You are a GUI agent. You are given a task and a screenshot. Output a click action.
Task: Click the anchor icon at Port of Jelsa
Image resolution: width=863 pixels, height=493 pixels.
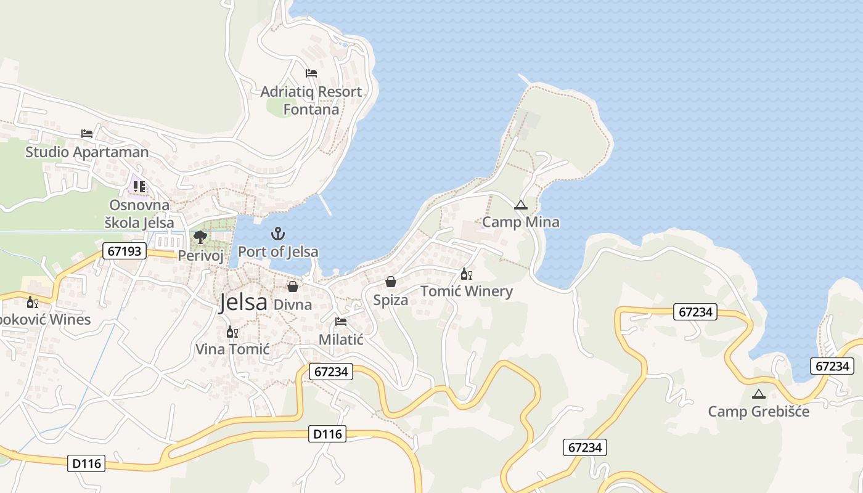(x=278, y=234)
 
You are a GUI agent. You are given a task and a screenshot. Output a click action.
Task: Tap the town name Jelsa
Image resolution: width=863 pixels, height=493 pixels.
(x=243, y=303)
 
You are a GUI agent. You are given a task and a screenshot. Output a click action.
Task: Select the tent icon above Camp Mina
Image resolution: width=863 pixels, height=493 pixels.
(x=521, y=205)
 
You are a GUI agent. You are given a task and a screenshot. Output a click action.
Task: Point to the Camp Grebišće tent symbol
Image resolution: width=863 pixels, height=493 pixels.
(x=758, y=394)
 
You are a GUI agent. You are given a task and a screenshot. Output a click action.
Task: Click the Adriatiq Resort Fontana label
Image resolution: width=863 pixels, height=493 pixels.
(x=311, y=100)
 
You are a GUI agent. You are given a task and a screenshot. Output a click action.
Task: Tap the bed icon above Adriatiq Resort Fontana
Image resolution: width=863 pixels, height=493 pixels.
(x=311, y=73)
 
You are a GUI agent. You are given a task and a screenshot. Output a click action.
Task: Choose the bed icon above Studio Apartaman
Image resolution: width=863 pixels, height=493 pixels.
(x=87, y=134)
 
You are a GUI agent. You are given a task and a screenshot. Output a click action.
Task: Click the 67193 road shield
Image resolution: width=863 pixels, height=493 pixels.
(x=125, y=251)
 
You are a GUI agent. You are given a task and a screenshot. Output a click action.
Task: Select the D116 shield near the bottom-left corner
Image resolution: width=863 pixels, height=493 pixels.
(x=86, y=463)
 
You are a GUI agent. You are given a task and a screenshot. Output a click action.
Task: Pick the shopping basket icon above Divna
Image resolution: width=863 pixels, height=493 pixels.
(x=293, y=287)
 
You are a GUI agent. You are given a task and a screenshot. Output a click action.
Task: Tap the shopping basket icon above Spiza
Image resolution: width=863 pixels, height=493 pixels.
(x=391, y=282)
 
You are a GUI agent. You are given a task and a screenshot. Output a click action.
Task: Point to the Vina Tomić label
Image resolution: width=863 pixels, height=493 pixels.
(x=232, y=349)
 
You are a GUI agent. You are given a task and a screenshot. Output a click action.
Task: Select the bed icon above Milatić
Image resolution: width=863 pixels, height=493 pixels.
(x=340, y=322)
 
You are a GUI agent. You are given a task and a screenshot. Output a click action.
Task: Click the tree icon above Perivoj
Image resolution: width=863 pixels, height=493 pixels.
(x=200, y=237)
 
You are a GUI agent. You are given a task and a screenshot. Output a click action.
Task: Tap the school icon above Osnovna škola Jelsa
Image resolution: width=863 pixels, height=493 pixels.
(x=139, y=187)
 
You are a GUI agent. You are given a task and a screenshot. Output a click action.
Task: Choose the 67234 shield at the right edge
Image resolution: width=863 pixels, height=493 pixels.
(x=832, y=366)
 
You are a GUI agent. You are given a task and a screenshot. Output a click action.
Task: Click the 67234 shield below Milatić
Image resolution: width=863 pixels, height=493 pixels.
(x=331, y=372)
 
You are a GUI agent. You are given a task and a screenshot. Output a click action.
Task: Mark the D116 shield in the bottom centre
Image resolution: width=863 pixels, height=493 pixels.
(x=327, y=434)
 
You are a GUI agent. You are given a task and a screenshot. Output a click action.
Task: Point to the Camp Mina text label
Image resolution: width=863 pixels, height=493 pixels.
(x=521, y=222)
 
